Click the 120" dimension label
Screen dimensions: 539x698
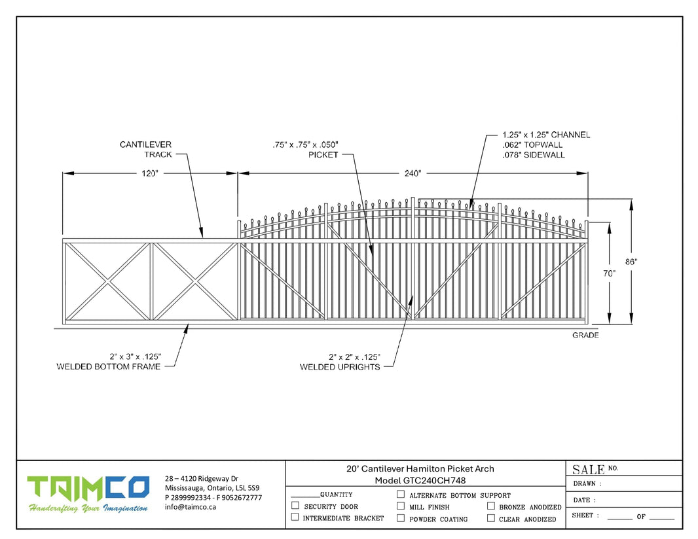pos(149,173)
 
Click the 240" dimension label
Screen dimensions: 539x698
pos(413,173)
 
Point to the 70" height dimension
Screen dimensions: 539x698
pos(610,273)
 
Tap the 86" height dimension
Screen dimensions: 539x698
pos(631,261)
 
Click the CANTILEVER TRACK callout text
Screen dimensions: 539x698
pos(145,149)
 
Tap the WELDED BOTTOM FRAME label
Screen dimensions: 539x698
pos(109,366)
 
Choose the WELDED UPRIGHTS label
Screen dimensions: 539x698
pos(340,367)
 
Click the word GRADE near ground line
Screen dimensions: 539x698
pos(585,336)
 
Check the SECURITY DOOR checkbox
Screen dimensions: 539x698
pos(295,506)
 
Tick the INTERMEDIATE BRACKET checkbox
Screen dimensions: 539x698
pos(295,517)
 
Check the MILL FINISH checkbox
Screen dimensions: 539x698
pos(401,506)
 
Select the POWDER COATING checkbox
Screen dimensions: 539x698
pos(401,518)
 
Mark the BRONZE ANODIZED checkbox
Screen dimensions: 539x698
pos(490,506)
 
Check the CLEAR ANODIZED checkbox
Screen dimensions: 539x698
pos(490,518)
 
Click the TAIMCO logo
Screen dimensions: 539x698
pos(88,489)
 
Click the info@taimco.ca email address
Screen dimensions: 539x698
pos(191,507)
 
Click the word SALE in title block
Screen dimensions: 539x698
pos(588,469)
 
